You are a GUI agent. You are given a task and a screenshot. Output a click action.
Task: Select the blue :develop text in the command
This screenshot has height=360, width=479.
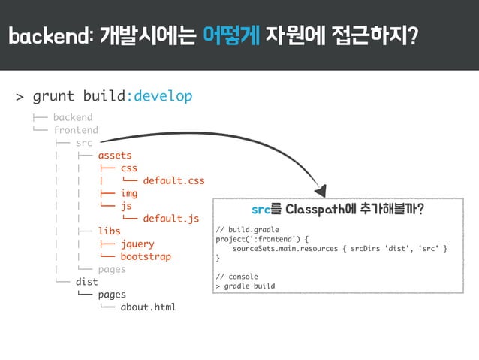(x=159, y=96)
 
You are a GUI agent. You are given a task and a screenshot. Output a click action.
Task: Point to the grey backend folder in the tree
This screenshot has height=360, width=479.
(x=73, y=117)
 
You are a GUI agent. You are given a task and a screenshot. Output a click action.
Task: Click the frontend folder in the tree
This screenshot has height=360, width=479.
(x=75, y=130)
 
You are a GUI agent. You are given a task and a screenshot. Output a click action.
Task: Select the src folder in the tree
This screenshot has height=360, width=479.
(x=84, y=143)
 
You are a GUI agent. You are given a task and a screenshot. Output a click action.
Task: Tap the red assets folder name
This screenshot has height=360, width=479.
(x=115, y=156)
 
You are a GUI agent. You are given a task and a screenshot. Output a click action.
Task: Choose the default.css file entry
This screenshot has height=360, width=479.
(x=173, y=180)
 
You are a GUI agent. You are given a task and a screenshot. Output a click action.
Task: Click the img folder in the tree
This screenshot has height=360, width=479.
(x=129, y=193)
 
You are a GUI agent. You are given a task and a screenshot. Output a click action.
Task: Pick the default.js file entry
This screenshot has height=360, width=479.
(x=170, y=219)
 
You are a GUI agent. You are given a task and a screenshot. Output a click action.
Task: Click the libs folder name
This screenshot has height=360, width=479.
(x=109, y=231)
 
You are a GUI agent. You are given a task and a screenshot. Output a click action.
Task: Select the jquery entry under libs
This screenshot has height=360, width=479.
(x=137, y=244)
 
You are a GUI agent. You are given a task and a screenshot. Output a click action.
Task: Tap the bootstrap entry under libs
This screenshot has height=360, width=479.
(x=146, y=256)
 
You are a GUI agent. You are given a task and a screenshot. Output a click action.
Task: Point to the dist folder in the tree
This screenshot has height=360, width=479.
(x=86, y=282)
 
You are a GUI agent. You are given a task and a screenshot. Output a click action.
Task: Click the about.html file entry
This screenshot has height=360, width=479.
(x=148, y=307)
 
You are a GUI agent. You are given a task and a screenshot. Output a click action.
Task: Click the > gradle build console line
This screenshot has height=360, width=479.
(x=245, y=286)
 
